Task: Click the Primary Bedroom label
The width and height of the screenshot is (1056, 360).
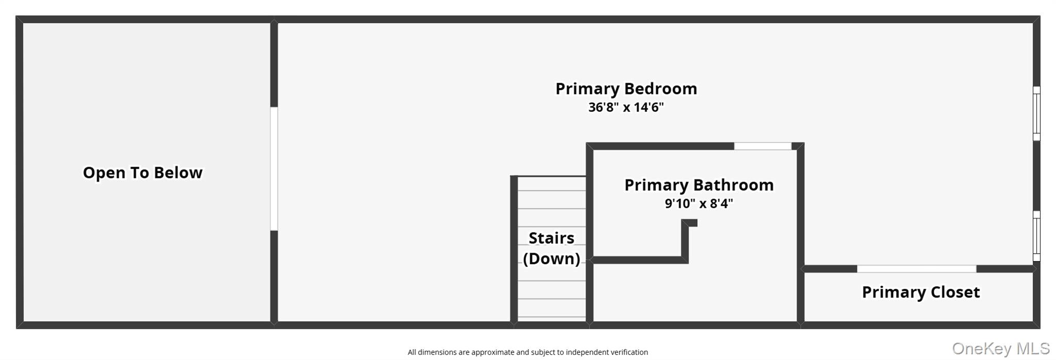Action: [x=626, y=89]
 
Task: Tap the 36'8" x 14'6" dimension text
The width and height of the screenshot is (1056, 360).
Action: [x=626, y=107]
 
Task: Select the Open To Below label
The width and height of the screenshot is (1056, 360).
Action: [x=143, y=172]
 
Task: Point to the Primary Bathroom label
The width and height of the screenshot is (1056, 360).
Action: [x=699, y=185]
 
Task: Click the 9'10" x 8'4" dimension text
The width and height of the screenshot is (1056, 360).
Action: [x=699, y=203]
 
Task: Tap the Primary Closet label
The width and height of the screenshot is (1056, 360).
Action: [x=921, y=292]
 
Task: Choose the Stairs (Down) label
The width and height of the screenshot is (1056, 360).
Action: [x=551, y=248]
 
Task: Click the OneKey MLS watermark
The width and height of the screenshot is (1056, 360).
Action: [x=1001, y=349]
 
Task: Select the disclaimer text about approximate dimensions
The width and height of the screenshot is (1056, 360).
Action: [x=527, y=352]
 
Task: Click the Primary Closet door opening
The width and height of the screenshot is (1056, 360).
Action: [x=916, y=269]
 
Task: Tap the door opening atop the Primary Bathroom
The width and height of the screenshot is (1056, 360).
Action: [x=763, y=146]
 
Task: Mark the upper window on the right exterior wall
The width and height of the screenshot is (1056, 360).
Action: [x=1036, y=113]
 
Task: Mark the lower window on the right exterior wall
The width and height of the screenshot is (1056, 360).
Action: [x=1036, y=236]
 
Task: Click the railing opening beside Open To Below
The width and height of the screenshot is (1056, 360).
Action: [x=274, y=169]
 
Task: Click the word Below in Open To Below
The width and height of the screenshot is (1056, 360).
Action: [x=178, y=172]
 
